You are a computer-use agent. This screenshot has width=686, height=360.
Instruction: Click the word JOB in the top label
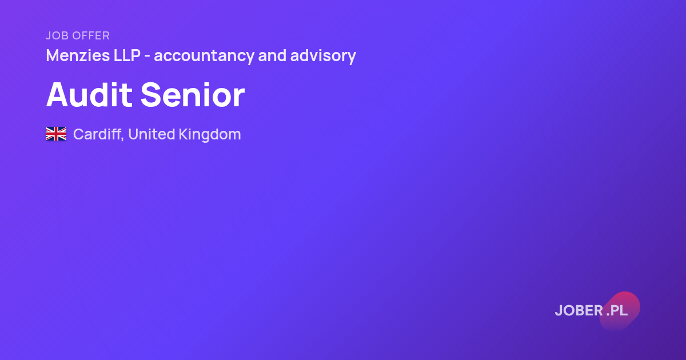tap(57, 35)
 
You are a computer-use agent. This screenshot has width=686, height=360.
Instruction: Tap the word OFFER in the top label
tap(91, 35)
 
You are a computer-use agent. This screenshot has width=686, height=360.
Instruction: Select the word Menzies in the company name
tap(78, 56)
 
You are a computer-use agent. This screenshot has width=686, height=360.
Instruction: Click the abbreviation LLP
tap(127, 56)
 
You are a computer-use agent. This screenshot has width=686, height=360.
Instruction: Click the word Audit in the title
tap(89, 94)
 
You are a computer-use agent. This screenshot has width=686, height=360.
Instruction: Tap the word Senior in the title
tap(193, 94)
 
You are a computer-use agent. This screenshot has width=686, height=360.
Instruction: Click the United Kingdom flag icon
tap(56, 134)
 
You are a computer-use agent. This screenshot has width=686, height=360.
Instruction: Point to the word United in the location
tap(151, 134)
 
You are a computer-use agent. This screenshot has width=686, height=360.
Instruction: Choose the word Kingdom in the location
tap(210, 135)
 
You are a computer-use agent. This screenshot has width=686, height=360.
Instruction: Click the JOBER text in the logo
tap(579, 310)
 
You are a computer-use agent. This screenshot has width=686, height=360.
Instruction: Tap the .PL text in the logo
tap(617, 310)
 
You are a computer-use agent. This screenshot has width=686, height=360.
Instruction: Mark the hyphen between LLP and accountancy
tap(147, 57)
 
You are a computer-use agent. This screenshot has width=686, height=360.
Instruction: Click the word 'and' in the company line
tap(272, 56)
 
